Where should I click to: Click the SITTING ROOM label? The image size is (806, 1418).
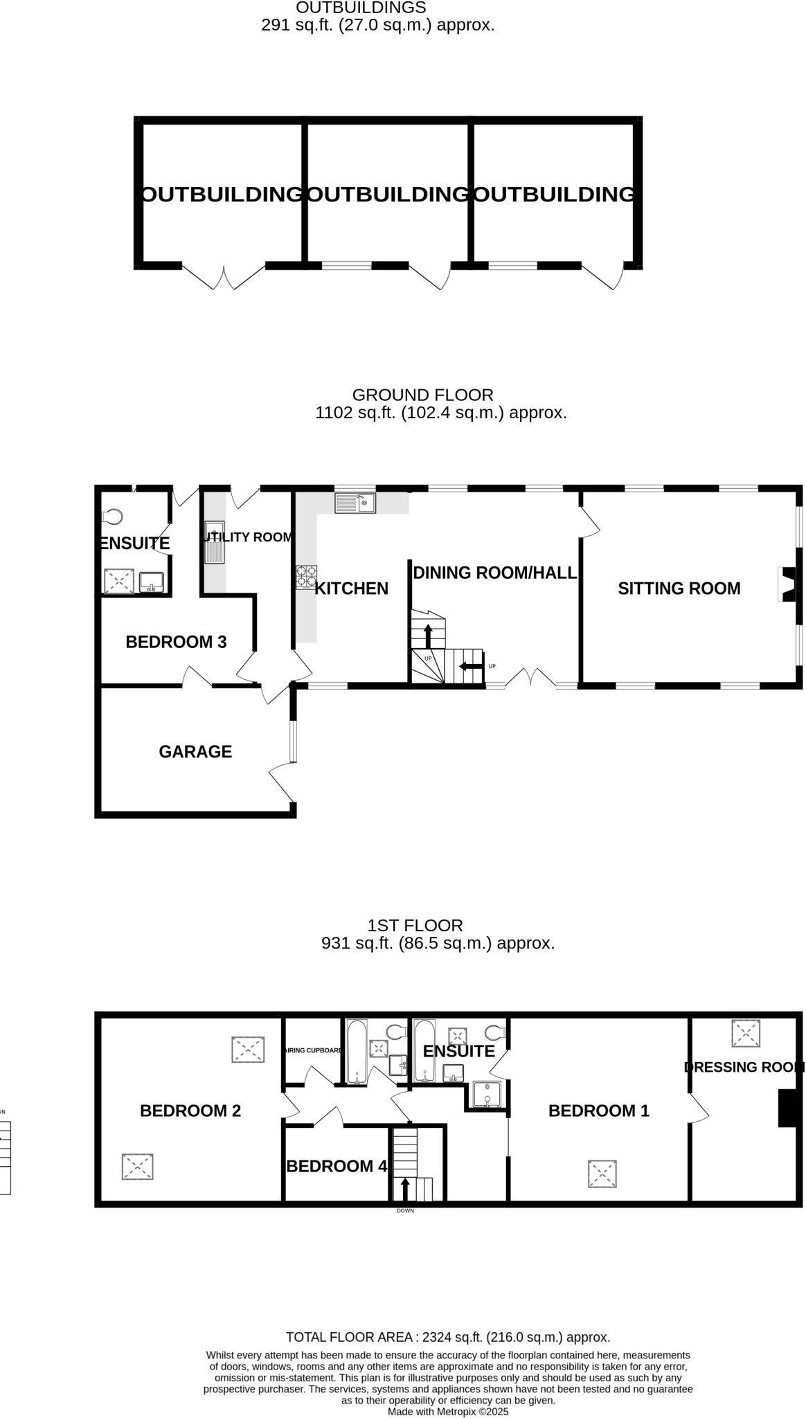point(679,589)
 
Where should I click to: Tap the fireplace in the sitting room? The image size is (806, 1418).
point(788,584)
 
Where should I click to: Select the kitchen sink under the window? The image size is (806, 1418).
point(355,503)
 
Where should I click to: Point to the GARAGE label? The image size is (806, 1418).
point(195,752)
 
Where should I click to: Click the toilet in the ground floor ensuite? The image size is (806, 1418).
point(112,517)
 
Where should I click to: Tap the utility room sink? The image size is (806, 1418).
point(215,541)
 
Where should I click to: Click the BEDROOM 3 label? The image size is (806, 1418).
point(176,642)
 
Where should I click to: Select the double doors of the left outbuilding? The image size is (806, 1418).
point(224,277)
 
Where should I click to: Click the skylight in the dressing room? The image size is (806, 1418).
point(746,1033)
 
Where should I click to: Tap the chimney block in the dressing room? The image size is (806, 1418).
point(787,1108)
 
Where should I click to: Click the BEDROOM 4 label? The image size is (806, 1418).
point(337,1167)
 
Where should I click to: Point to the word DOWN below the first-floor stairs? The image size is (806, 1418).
point(405,1211)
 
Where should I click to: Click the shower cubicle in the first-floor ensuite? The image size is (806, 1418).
point(487,1094)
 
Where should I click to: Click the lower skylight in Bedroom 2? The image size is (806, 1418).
point(137,1167)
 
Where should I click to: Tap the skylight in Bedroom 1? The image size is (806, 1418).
point(602,1174)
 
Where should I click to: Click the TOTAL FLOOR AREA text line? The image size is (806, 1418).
point(448,1337)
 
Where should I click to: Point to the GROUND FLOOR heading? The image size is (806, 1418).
point(422,395)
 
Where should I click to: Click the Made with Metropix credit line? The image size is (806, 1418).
point(448,1411)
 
